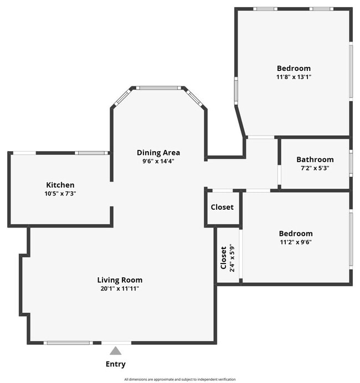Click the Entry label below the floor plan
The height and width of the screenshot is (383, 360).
115,364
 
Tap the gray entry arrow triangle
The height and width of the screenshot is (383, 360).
115,350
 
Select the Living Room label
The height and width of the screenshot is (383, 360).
120,280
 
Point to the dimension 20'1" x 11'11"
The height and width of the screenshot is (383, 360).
120,288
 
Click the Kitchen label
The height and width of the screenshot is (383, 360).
60,185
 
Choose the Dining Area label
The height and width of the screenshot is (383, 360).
158,153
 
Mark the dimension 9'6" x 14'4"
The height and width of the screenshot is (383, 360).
158,162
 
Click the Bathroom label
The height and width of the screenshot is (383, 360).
315,159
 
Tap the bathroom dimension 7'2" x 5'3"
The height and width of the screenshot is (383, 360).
315,168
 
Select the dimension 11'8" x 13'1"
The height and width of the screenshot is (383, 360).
294,77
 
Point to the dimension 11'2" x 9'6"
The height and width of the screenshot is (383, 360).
295,242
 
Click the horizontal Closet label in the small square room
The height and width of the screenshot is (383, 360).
222,207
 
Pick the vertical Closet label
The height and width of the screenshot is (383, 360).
224,258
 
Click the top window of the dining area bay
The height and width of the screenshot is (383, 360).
158,87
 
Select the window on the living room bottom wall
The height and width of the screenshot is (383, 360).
68,343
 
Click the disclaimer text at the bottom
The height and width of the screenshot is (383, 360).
179,379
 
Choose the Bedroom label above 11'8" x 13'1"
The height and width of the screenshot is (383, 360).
294,68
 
